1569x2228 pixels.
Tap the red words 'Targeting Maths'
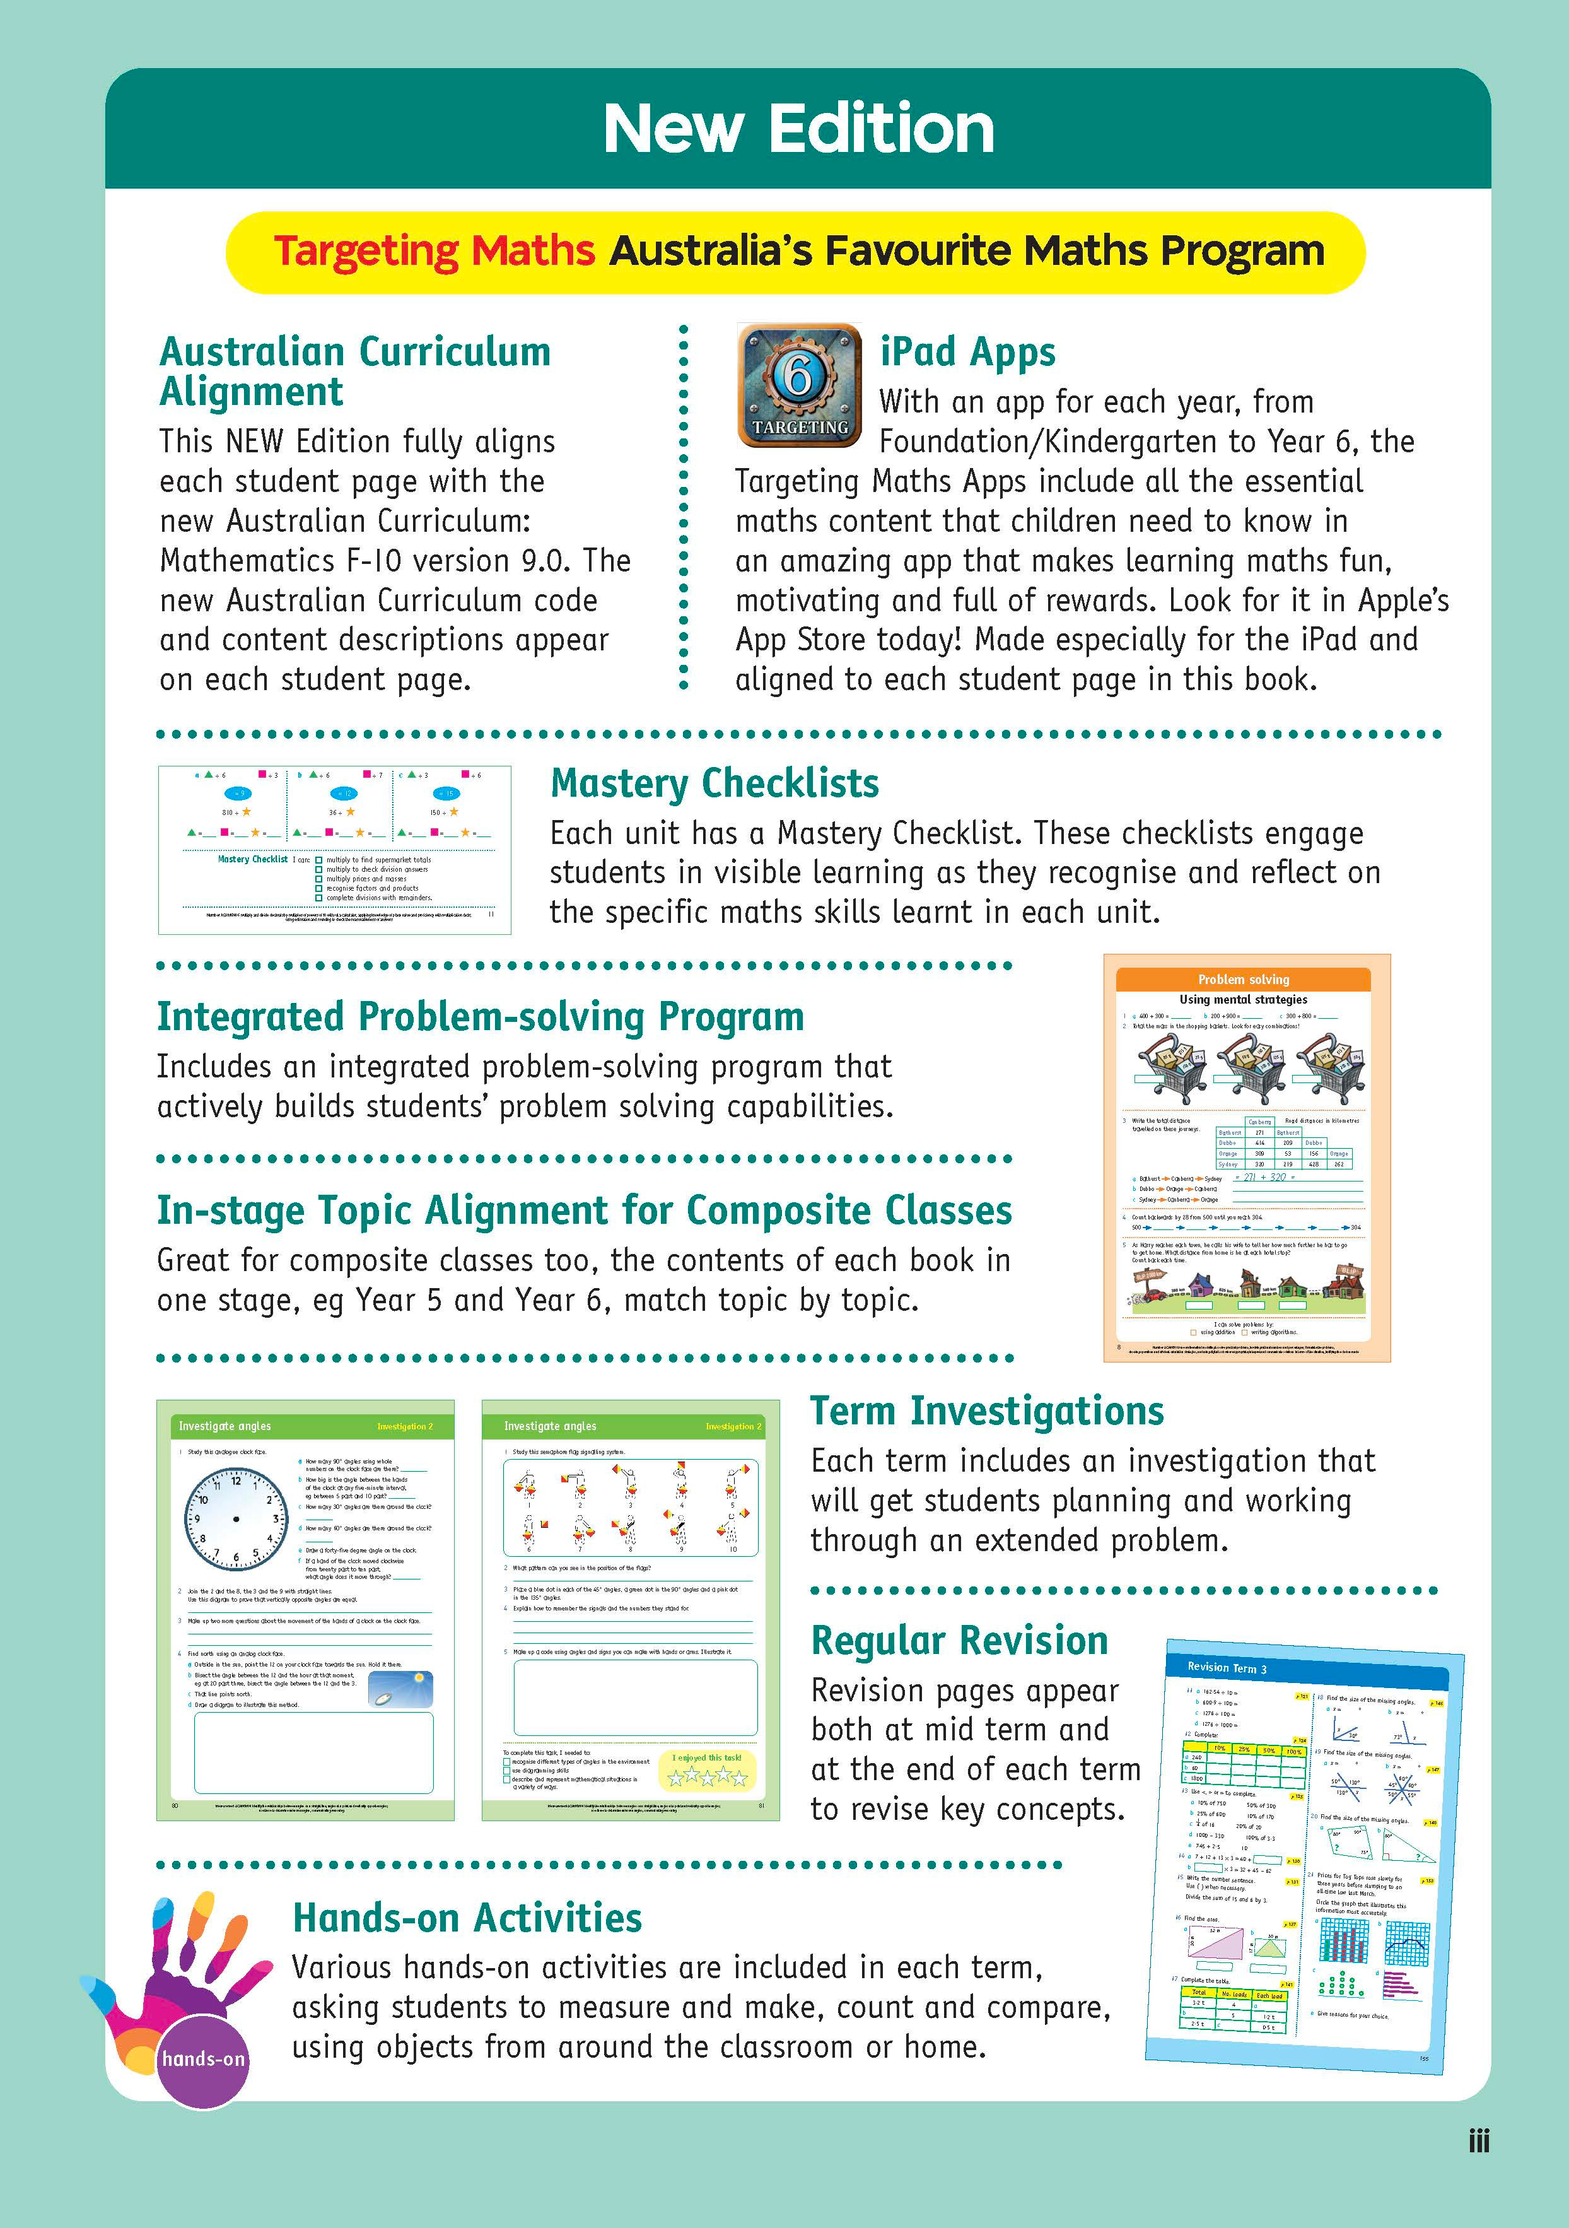coord(434,251)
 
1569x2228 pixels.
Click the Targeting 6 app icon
coord(798,385)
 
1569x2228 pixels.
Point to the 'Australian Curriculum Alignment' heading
coord(354,372)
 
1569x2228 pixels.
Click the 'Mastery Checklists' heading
coord(714,783)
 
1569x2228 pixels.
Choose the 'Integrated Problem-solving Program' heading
coord(481,1017)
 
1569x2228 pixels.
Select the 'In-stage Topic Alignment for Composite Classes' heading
coord(584,1210)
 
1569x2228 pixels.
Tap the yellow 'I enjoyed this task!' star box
coord(706,1771)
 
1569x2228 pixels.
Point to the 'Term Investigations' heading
coord(987,1411)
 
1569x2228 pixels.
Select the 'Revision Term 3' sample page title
coord(1227,1667)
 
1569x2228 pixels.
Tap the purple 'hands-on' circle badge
coord(203,2059)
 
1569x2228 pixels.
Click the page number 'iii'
coord(1478,2142)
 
